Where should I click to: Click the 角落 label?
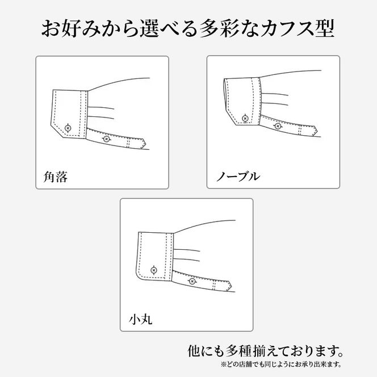(56, 177)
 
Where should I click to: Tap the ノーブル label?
(237, 177)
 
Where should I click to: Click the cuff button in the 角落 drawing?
(68, 127)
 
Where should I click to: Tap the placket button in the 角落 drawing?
(106, 139)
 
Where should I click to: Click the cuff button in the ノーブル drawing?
(245, 119)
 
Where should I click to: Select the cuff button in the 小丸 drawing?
(153, 269)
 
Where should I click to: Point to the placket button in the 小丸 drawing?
(191, 280)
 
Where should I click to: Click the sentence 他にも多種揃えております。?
(265, 348)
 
